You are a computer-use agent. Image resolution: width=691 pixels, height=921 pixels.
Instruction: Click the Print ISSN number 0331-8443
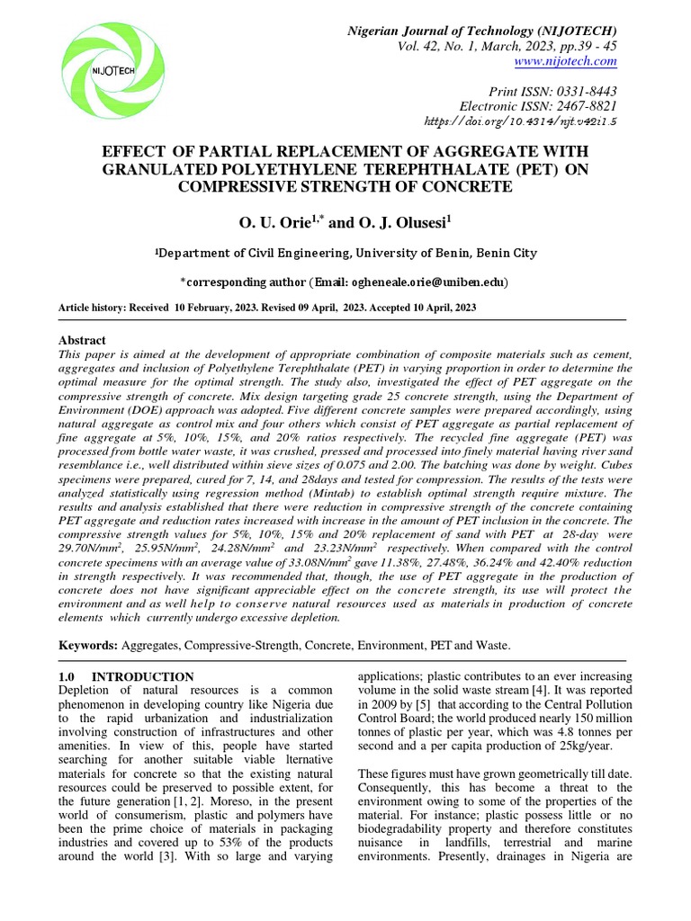point(583,92)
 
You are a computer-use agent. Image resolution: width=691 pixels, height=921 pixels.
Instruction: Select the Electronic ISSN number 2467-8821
point(583,106)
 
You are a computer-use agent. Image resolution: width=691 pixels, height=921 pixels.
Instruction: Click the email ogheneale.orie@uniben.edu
point(414,282)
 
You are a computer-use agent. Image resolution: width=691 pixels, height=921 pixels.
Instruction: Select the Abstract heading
point(82,340)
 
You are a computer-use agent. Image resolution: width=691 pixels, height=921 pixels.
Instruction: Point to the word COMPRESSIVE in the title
point(238,186)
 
